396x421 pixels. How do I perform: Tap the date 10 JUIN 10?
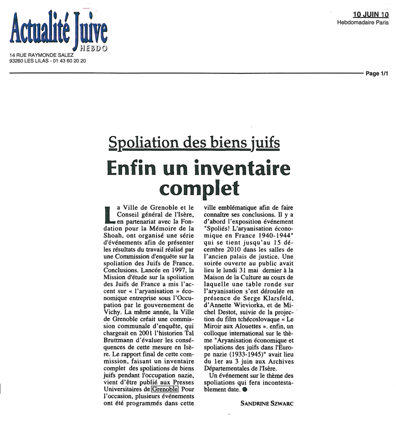[x=371, y=15]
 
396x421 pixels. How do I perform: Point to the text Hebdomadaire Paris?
[x=363, y=23]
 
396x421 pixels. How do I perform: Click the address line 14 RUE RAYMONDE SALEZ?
[x=41, y=55]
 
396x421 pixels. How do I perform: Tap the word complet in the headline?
[x=199, y=187]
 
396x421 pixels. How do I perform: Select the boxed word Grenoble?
[x=165, y=389]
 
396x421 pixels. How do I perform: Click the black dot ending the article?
[x=244, y=390]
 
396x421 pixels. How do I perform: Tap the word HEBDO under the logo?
[x=93, y=48]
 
